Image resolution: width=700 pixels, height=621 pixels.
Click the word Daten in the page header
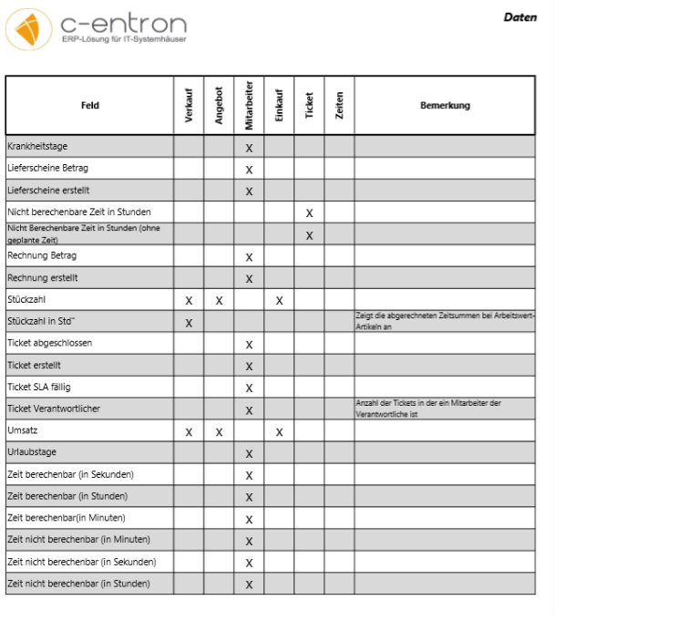point(520,17)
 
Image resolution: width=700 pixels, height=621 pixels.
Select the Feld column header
point(90,106)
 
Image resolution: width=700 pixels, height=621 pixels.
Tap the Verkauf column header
point(189,106)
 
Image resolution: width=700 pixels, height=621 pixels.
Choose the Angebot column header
point(219,106)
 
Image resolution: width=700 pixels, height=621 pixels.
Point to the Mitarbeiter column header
point(249,106)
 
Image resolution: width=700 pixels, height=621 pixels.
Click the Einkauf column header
point(279,106)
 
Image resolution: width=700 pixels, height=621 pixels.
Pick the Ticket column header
point(309,106)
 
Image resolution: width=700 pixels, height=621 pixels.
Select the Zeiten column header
point(339,106)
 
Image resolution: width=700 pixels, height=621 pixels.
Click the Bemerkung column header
point(445,106)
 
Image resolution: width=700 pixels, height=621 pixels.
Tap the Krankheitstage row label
point(37,146)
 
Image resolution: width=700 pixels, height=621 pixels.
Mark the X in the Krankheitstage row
point(249,147)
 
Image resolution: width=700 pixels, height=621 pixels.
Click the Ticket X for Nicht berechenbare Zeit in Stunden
point(309,212)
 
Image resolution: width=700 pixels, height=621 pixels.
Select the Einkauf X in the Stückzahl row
point(279,300)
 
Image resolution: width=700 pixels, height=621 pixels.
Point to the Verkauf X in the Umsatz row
point(189,431)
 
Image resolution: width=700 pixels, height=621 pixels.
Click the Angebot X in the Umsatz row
point(219,431)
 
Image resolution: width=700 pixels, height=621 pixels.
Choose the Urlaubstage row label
point(32,452)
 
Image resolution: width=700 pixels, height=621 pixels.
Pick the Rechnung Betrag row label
point(42,255)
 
